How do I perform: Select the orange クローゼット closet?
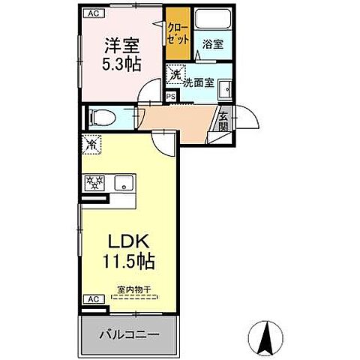[x=178, y=34]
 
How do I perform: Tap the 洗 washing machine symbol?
[x=174, y=73]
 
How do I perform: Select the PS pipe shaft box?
[x=170, y=96]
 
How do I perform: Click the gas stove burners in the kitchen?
[x=95, y=182]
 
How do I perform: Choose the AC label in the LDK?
[x=92, y=299]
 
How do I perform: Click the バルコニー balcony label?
[x=129, y=333]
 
